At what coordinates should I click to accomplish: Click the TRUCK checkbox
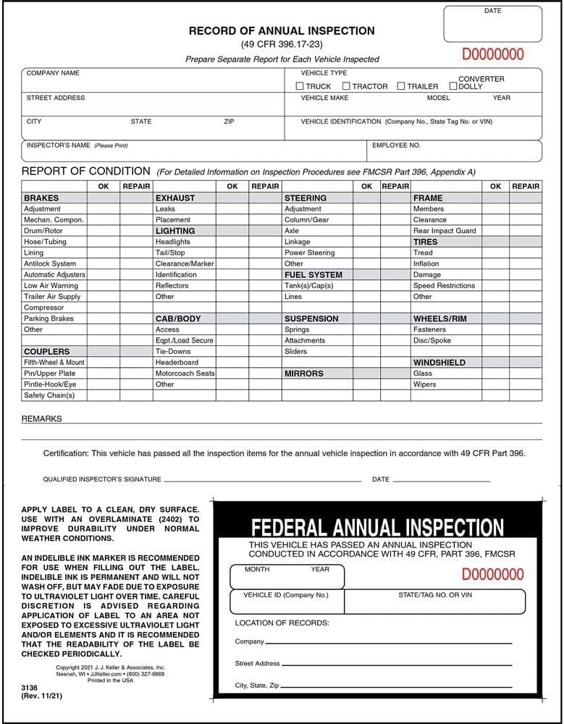(300, 86)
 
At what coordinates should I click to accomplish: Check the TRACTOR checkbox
(346, 86)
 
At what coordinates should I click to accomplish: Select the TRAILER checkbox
(401, 86)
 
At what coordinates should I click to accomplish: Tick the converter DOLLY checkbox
(453, 86)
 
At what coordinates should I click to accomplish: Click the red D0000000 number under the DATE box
(492, 54)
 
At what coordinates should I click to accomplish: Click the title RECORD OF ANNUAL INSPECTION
(282, 31)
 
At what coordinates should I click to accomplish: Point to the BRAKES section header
(41, 198)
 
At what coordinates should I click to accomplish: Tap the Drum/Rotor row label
(43, 231)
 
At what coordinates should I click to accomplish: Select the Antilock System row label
(49, 264)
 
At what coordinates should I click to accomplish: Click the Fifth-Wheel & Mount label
(54, 362)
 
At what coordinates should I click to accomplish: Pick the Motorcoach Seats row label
(185, 374)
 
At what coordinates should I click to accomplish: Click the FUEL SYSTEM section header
(313, 275)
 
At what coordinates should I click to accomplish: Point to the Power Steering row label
(310, 253)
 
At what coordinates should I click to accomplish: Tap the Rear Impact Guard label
(445, 231)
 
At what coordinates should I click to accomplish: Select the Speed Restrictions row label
(444, 285)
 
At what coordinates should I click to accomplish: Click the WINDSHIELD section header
(439, 363)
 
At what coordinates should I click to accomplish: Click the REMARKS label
(42, 418)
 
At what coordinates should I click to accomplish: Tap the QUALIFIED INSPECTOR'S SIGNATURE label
(102, 479)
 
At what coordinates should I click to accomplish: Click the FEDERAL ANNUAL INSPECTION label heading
(377, 527)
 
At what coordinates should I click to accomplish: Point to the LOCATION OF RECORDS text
(282, 623)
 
